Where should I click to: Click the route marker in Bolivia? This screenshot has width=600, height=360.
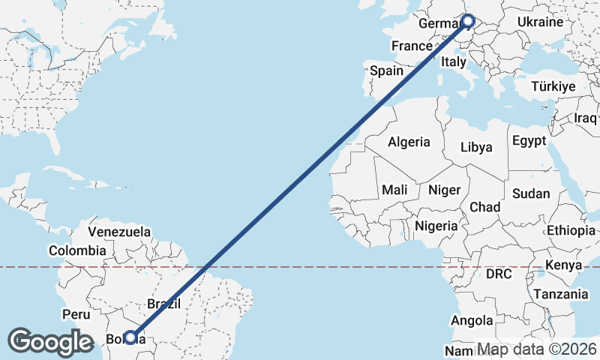[x=130, y=337]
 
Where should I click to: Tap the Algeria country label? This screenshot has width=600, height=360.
[x=409, y=142]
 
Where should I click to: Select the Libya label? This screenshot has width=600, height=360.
[x=476, y=147]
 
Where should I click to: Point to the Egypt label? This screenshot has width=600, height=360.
[x=529, y=140]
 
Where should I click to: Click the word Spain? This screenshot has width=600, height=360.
[x=387, y=71]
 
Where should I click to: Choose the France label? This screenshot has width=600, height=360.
[x=412, y=46]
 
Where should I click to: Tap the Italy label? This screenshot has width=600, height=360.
[x=454, y=61]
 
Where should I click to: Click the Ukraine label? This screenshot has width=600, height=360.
[x=539, y=22]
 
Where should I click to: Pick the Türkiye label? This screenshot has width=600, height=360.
[x=553, y=87]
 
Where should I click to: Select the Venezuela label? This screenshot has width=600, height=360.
[x=119, y=232]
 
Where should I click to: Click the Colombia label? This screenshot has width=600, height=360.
[x=77, y=250]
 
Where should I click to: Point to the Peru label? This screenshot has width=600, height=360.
[x=76, y=313]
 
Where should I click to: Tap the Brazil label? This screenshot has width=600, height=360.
[x=164, y=304]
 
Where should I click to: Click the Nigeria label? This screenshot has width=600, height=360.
[x=436, y=226]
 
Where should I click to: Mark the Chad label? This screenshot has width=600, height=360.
[x=484, y=207]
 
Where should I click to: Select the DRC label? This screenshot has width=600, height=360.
[x=498, y=274]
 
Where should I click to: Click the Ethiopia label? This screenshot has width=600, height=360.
[x=571, y=230]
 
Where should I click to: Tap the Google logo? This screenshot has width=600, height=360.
[x=51, y=342]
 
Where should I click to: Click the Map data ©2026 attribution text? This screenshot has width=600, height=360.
[x=537, y=349]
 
